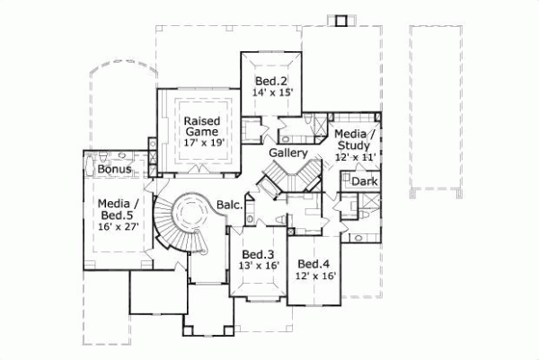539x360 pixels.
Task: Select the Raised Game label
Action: tap(203, 127)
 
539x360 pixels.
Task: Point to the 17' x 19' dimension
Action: tap(203, 142)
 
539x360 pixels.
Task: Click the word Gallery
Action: tap(288, 154)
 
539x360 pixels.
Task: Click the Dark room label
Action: tap(365, 182)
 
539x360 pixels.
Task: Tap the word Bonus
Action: tap(115, 170)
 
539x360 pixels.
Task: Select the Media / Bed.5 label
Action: tap(118, 210)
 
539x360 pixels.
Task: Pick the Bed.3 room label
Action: tap(258, 253)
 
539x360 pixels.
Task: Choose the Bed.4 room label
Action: tap(314, 264)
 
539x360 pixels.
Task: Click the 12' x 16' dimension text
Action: tap(314, 277)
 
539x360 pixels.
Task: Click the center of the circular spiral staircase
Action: tap(190, 215)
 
